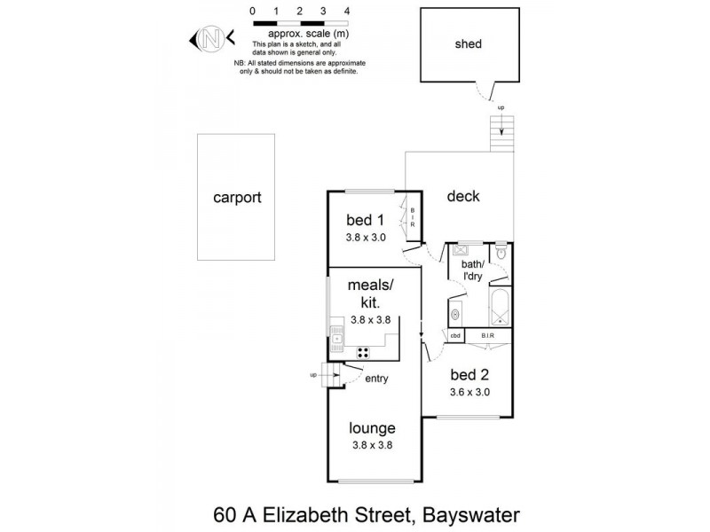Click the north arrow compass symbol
pos(211,38)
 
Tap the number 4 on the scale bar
pos(346,11)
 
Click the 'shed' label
pos(468,43)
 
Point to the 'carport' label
pos(237,198)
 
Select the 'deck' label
pos(462,196)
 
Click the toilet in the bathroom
pos(501,254)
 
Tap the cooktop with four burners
pos(364,352)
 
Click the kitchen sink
pos(336,335)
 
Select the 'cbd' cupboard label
pos(455,336)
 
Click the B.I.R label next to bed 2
pos(487,336)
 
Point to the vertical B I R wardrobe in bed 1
pos(412,217)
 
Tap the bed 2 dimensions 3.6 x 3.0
pos(469,391)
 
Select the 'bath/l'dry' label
pos(470,271)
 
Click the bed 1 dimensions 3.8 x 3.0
pos(366,238)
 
